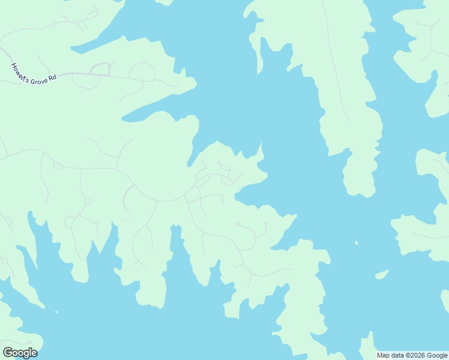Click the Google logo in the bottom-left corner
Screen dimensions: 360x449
pos(20,353)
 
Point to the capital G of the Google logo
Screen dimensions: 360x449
pos(8,353)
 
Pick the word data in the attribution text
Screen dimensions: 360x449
pos(397,355)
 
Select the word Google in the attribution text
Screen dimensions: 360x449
pos(436,355)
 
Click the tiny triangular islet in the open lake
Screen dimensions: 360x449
pos(356,243)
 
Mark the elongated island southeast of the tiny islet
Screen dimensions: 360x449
pos(381,275)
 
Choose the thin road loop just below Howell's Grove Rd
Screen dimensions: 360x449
pos(85,82)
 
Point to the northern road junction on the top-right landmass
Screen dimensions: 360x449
pos(432,26)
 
